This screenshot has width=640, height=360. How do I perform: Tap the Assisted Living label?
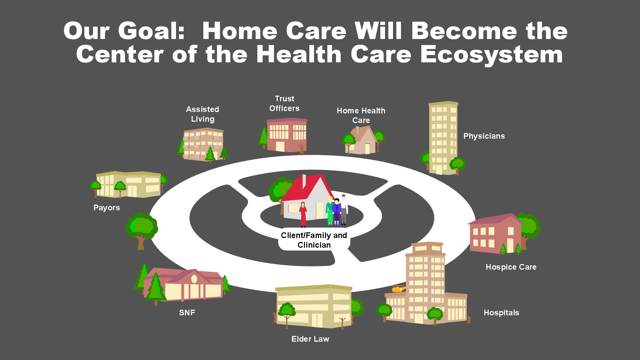click(x=203, y=114)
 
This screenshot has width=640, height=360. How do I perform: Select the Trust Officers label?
click(x=284, y=103)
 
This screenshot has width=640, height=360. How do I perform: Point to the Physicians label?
click(x=484, y=136)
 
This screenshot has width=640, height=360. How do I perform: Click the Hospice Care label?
click(x=511, y=267)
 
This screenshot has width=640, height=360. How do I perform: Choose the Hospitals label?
click(x=501, y=313)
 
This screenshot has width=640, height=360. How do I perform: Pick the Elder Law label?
click(x=310, y=339)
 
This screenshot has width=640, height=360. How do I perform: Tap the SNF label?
click(x=187, y=313)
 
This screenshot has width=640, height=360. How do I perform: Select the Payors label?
click(x=107, y=208)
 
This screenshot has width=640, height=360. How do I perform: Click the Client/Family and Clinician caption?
click(x=314, y=240)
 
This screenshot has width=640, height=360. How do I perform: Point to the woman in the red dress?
click(x=303, y=214)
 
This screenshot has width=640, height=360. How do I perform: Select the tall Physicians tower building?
click(x=443, y=138)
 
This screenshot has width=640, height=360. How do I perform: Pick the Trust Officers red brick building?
click(x=287, y=135)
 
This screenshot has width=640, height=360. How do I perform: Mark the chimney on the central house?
click(x=304, y=181)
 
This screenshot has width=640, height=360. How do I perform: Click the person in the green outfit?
click(x=330, y=211)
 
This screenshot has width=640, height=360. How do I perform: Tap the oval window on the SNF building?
click(x=194, y=279)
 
